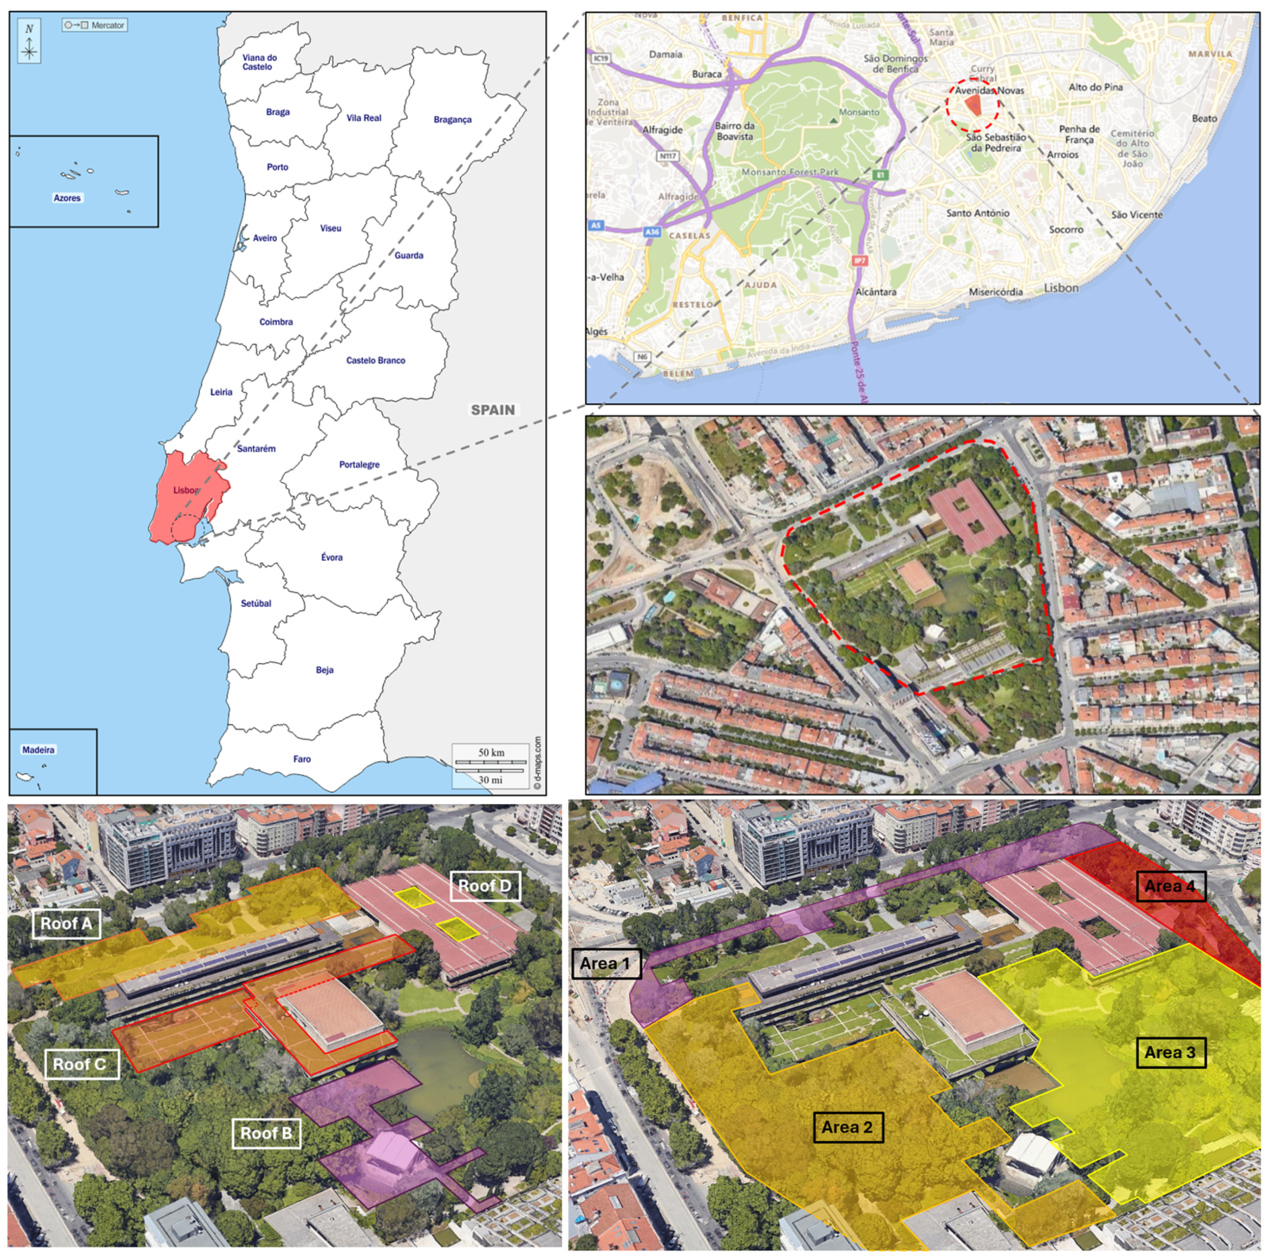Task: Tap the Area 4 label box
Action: [x=1170, y=886]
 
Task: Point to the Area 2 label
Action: [x=847, y=1127]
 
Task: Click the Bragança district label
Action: [x=452, y=119]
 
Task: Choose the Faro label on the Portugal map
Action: [x=302, y=759]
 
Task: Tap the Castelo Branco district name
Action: [x=376, y=360]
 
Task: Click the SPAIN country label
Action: [x=492, y=410]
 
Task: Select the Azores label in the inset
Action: [x=67, y=198]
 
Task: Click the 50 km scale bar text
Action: [x=491, y=752]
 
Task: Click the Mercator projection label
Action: [x=107, y=26]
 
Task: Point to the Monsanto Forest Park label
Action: [x=789, y=172]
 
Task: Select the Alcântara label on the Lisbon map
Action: [x=876, y=292]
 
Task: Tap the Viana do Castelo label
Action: [x=259, y=61]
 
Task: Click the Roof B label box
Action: [x=266, y=1133]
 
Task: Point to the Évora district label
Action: [x=331, y=557]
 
